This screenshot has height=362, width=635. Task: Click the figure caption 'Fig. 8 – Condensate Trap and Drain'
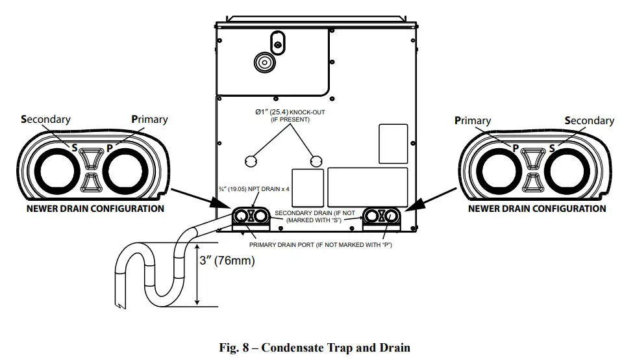315,348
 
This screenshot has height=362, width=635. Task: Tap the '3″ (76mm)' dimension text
227,260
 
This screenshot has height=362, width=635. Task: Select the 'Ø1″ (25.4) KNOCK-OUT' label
290,112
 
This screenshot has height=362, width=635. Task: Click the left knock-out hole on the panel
251,161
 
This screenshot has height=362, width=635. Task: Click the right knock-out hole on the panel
316,161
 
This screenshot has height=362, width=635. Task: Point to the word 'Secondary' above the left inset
45,119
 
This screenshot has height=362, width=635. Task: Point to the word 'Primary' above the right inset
473,120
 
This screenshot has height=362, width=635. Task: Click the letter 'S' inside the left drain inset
75,148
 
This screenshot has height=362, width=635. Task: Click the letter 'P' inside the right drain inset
516,148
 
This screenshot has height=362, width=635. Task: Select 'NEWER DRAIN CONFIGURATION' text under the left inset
95,209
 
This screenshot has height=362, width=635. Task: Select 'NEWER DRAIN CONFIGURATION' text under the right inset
537,209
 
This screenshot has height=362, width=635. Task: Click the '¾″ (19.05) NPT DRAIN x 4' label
254,189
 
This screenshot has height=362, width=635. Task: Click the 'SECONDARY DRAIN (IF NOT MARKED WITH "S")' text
315,216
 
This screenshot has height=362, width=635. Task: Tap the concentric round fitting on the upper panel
265,62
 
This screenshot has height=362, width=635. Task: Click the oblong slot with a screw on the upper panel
277,43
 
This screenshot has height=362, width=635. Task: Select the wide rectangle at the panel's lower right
367,187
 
